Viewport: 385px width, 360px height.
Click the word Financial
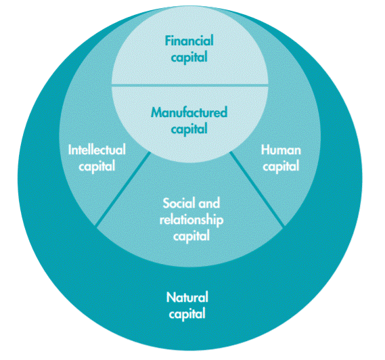189,41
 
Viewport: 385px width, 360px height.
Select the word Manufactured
189,112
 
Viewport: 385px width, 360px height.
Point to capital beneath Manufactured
189,129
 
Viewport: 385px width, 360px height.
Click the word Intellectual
97,150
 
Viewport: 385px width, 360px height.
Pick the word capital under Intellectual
97,166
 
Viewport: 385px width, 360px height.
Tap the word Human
281,150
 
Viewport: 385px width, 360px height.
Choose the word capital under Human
281,166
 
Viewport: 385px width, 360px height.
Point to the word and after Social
209,203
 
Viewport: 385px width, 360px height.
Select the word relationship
191,221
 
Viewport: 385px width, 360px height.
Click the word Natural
187,297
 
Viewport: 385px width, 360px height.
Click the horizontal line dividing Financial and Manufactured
190,85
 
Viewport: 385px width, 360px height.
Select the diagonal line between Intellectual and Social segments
122,189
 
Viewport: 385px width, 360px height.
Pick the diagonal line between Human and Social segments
257,189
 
